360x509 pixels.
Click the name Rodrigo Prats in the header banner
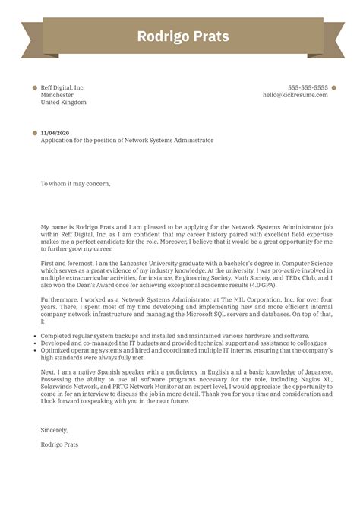point(180,36)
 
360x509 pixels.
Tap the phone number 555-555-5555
point(308,87)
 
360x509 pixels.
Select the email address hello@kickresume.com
point(295,95)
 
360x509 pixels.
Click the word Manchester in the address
point(58,95)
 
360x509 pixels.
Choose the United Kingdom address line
point(63,103)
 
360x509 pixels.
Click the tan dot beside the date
point(35,133)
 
